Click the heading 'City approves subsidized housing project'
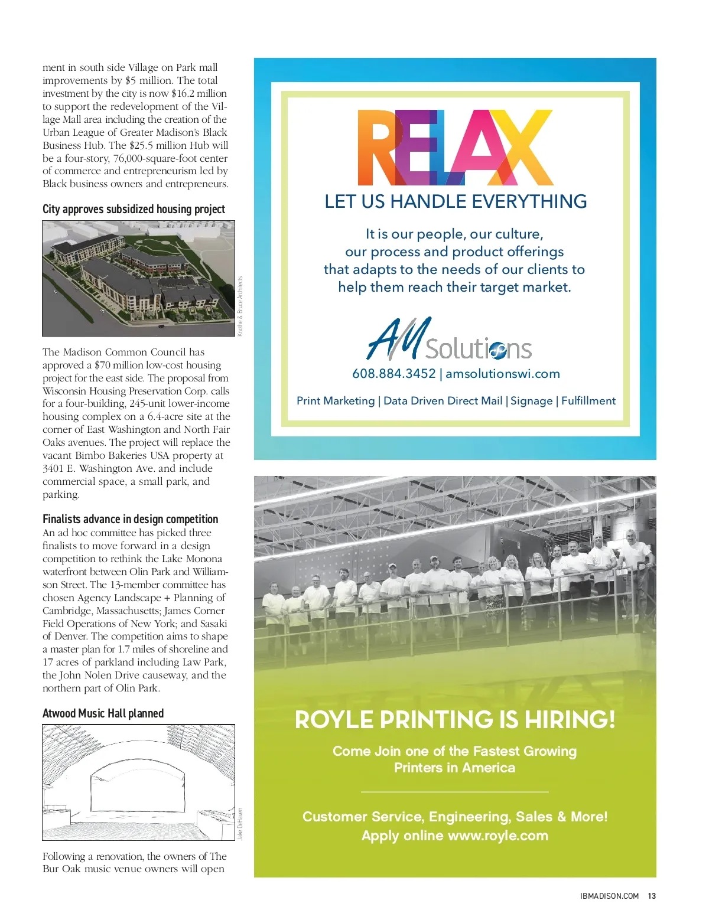pos(134,209)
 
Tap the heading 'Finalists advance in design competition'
pos(130,519)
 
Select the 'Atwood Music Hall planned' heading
pos(103,713)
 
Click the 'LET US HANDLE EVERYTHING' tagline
pos(456,201)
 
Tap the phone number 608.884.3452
pos(393,374)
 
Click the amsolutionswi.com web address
pos(503,374)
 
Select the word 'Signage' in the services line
pos(531,401)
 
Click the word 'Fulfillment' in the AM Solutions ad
pos(588,401)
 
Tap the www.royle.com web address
pos(498,836)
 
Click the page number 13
pos(652,896)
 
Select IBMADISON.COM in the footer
pos(609,896)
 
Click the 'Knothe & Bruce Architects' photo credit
pos(240,306)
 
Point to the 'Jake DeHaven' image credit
pos(240,824)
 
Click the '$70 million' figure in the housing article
pos(119,365)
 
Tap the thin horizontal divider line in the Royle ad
pos(454,792)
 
